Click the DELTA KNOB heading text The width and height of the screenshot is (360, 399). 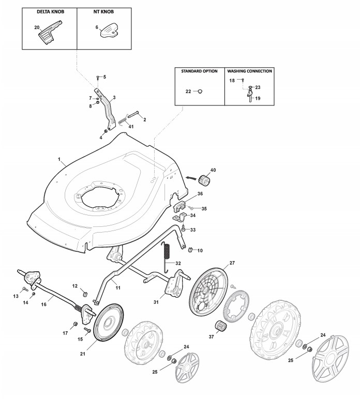50,11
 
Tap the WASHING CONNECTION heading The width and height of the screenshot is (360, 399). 250,71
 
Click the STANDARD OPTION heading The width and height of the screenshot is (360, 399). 199,71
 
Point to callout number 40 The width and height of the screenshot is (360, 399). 213,170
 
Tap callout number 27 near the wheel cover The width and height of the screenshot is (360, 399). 232,263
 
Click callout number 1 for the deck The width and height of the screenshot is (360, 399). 59,158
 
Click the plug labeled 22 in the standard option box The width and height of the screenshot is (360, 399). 200,91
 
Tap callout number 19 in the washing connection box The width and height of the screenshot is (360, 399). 258,98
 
